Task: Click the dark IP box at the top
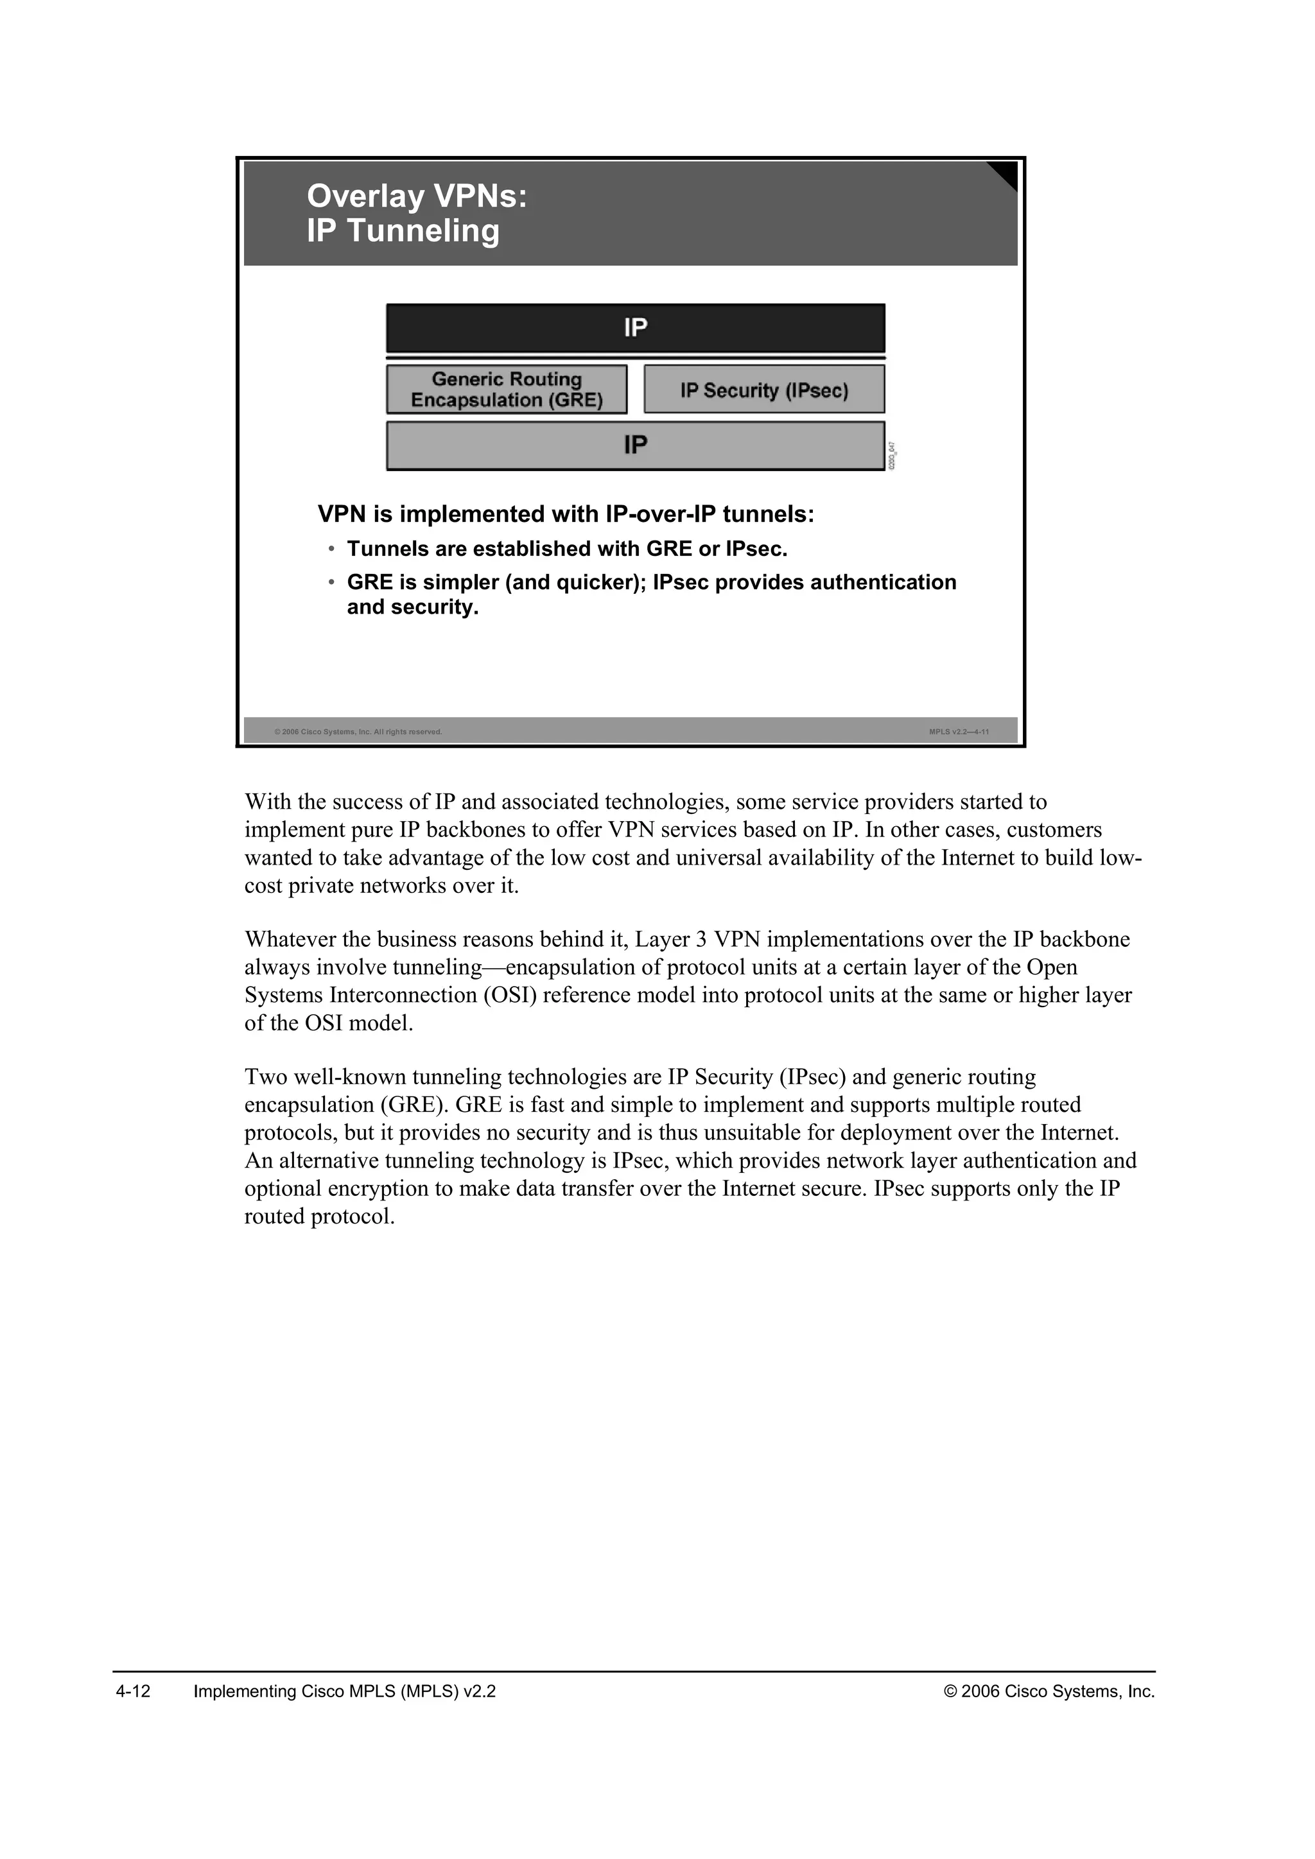click(635, 328)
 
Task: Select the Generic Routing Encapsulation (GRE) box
click(507, 390)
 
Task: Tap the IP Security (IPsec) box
click(763, 390)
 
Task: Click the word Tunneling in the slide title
click(424, 230)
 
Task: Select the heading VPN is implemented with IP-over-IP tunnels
click(565, 514)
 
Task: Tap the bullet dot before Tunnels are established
click(331, 549)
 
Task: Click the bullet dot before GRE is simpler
click(331, 582)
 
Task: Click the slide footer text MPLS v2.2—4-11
click(959, 732)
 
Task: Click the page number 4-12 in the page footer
click(134, 1691)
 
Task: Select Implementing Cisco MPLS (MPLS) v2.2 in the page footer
click(344, 1691)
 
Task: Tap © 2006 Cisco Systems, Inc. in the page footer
click(1049, 1691)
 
